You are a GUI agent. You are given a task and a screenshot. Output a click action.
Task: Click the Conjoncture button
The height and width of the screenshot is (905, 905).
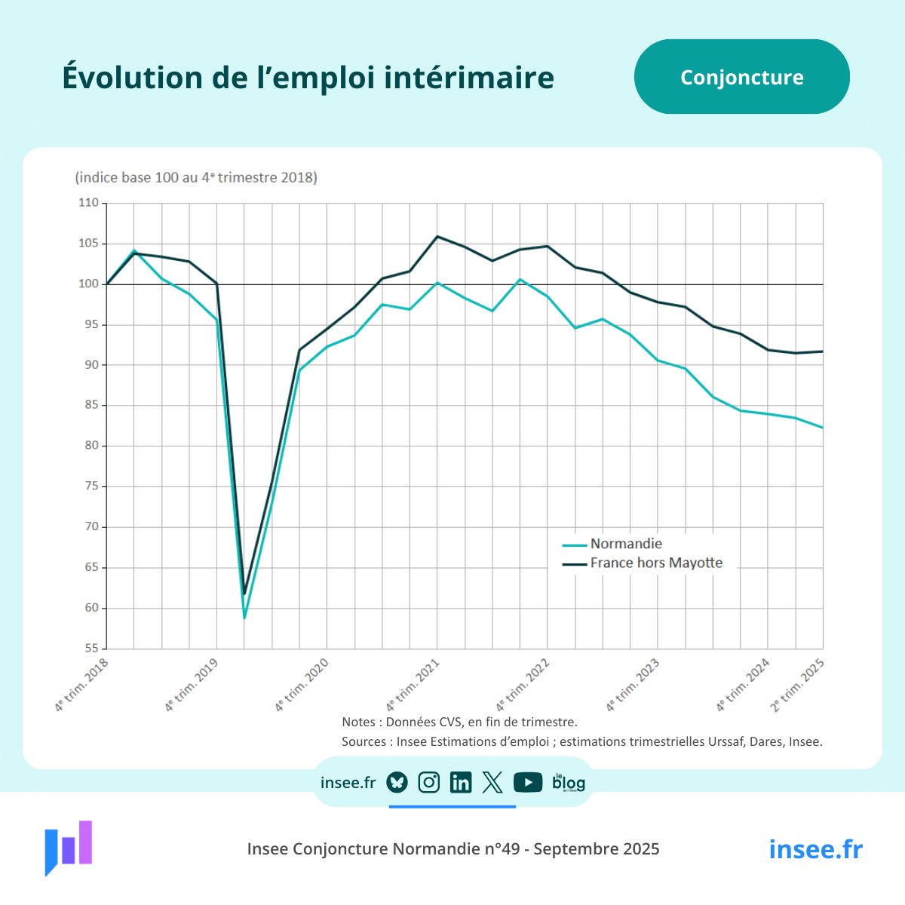pos(741,77)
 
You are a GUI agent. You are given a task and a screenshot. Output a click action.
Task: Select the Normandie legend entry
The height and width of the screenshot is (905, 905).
pos(625,544)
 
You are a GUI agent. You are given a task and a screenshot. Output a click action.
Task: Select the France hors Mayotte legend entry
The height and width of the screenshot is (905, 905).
pos(655,563)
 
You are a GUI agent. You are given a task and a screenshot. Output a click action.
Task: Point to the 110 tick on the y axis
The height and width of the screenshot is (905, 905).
pos(89,203)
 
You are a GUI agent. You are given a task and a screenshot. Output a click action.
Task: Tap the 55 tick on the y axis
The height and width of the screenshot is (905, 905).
pos(91,649)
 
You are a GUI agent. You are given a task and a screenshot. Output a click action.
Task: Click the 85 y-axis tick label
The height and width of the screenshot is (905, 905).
pos(91,406)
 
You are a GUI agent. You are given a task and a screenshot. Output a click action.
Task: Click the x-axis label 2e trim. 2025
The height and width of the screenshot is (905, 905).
pos(797,685)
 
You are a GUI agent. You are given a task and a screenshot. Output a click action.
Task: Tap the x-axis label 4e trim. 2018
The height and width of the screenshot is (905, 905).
pos(81,685)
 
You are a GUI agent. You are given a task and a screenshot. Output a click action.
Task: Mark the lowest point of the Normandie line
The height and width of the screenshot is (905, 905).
pos(244,618)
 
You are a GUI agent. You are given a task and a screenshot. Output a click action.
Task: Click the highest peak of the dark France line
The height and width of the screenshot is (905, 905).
pos(437,237)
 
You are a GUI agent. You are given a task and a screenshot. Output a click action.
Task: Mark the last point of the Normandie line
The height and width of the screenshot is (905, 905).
pos(822,428)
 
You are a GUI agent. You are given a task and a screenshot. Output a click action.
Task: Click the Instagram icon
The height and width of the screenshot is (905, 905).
pos(428,783)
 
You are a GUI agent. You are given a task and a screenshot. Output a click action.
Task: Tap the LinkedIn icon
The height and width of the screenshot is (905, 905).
pos(460,783)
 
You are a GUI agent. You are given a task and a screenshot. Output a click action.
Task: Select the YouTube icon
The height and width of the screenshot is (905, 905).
pos(528,783)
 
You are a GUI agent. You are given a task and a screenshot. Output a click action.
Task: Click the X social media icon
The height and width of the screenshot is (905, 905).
pos(492,783)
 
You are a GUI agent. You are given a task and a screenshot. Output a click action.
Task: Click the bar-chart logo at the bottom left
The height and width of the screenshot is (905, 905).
pos(69,846)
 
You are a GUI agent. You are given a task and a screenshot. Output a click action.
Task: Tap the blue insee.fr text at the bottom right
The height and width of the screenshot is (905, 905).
pos(815,849)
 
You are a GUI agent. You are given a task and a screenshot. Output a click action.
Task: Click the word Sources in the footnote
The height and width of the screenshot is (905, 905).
pos(365,741)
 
